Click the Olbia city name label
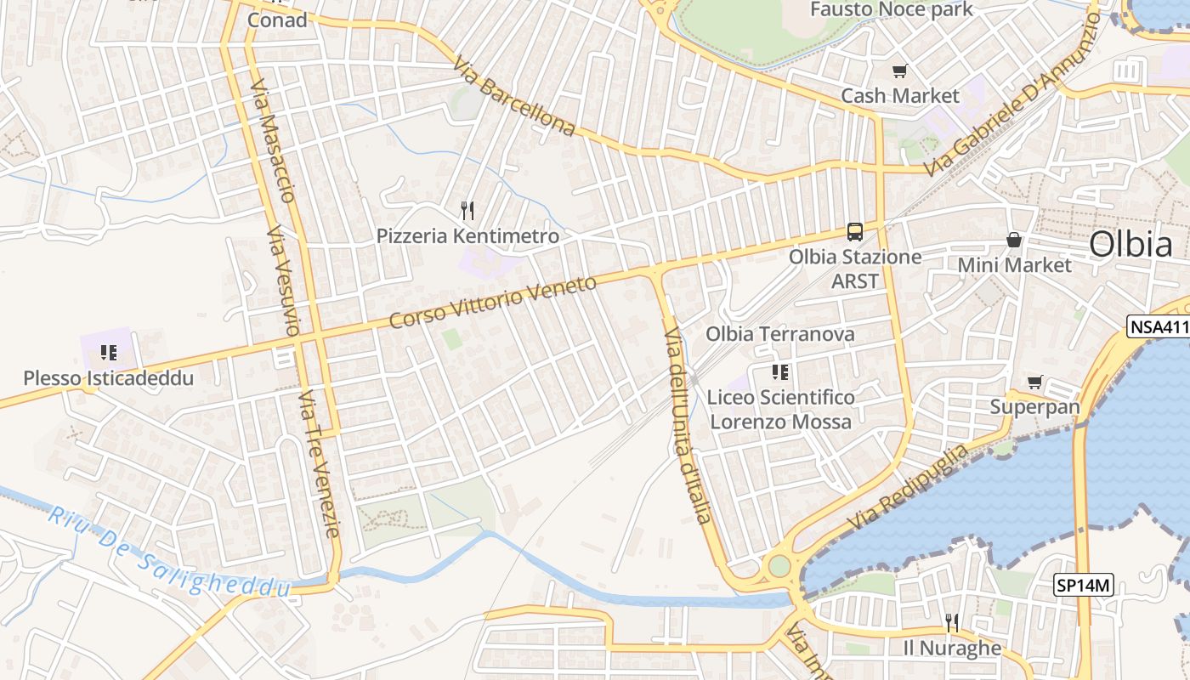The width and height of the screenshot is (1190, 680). point(1130,245)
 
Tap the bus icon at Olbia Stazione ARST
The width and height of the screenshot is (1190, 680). point(855,231)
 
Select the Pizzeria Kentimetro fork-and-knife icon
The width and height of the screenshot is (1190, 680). point(467,210)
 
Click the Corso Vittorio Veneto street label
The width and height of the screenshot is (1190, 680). point(493,303)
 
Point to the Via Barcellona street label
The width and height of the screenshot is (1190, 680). point(514,96)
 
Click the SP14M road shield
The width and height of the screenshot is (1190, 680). point(1084,585)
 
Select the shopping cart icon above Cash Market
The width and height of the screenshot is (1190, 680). point(899,71)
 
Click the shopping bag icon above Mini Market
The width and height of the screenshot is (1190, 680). point(1014,241)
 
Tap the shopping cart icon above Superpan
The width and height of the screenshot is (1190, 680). point(1034,382)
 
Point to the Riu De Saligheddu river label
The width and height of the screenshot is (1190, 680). point(170,552)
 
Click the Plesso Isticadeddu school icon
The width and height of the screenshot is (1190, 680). point(108,352)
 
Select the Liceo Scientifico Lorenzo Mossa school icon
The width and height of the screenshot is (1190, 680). point(780,371)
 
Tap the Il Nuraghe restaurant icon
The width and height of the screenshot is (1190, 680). point(952,623)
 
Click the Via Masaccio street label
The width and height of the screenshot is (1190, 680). point(274,141)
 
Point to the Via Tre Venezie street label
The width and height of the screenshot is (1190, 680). point(320,464)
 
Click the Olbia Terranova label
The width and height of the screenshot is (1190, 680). point(780,334)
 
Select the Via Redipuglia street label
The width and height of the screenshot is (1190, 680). point(908,485)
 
